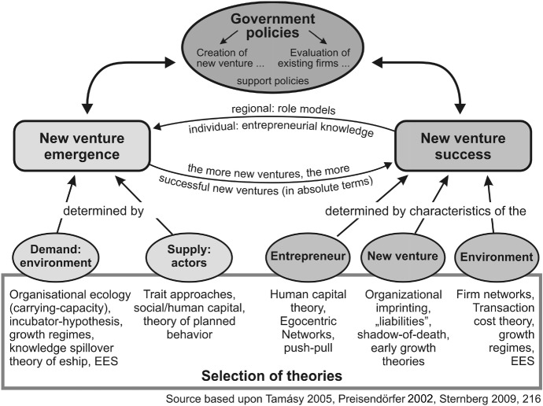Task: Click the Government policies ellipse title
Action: point(271,24)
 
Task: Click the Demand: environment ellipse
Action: point(48,257)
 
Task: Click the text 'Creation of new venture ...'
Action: point(227,60)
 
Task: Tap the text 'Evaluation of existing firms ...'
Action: point(317,60)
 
